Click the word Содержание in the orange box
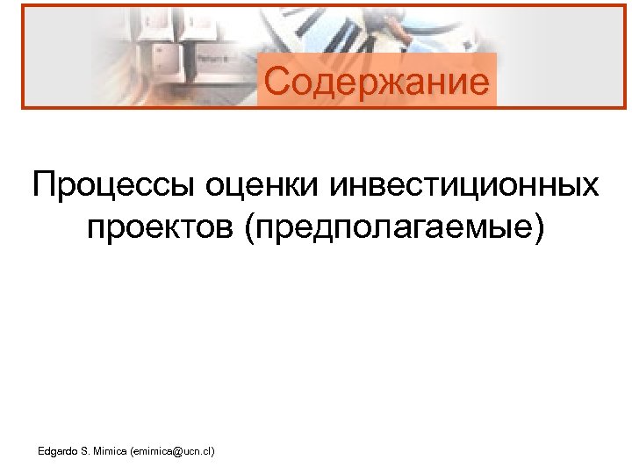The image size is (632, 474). (x=377, y=82)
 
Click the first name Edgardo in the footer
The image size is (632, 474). (x=59, y=451)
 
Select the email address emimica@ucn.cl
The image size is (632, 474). (x=172, y=451)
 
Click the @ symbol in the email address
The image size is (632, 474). (x=176, y=451)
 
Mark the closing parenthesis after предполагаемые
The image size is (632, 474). (x=538, y=227)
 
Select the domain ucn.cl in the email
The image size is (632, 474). (x=197, y=451)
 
